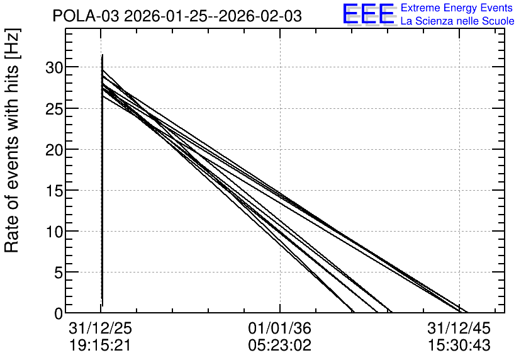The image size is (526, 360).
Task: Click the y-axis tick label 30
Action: [x=54, y=68]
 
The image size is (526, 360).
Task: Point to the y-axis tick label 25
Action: [x=54, y=110]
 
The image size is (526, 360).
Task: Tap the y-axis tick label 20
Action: [x=54, y=150]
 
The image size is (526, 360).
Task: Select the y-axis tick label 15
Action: [x=54, y=191]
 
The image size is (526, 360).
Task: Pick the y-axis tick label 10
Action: [x=54, y=232]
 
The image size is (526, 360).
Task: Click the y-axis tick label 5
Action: [x=59, y=273]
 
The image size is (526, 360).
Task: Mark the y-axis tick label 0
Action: [x=59, y=314]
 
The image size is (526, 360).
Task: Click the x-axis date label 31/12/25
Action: [x=101, y=328]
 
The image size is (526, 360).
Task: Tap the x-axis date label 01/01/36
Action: [x=280, y=328]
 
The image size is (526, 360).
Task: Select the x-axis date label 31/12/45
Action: [x=459, y=328]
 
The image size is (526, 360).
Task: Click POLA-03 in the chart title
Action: [x=86, y=16]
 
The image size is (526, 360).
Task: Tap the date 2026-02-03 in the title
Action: [x=260, y=16]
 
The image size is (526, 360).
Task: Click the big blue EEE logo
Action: [x=369, y=14]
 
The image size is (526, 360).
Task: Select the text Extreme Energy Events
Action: [x=457, y=8]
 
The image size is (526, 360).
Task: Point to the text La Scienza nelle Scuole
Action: [x=457, y=21]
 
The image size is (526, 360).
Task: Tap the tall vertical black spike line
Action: [x=102, y=180]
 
